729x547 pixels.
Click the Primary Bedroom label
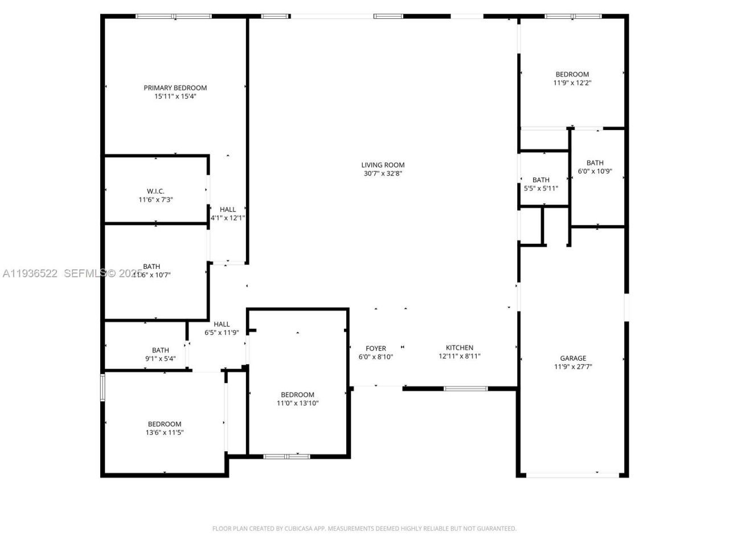[175, 88]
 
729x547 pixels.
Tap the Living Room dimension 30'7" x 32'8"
[383, 173]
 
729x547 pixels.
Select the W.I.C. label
[155, 191]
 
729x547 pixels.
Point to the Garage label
[572, 358]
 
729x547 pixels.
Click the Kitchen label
[460, 348]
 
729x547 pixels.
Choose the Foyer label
[376, 349]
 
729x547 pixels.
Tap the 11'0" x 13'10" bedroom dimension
[297, 403]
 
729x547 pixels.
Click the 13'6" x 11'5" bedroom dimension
[165, 432]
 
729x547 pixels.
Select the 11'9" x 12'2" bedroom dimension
[572, 83]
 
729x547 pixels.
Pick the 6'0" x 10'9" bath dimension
[595, 171]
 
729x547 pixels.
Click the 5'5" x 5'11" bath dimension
[541, 188]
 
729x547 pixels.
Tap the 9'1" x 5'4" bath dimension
[160, 359]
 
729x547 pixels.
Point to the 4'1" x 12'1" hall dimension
[228, 218]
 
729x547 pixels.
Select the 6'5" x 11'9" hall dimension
[222, 333]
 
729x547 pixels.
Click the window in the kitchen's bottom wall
[466, 389]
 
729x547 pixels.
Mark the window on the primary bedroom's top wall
[174, 17]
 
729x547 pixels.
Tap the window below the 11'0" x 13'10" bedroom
[286, 456]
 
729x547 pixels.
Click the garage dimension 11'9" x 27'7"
[572, 367]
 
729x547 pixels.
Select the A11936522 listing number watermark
[30, 273]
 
